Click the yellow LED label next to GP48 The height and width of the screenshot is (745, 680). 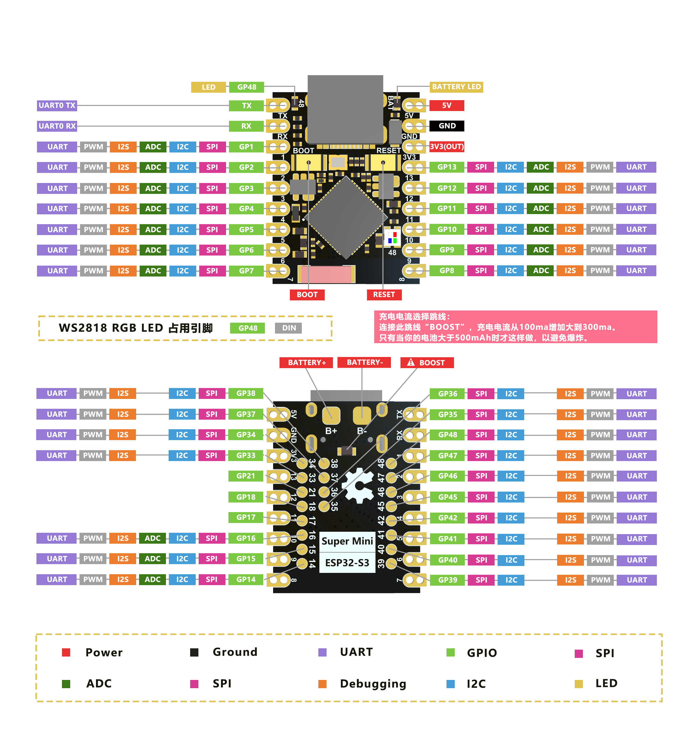pos(208,87)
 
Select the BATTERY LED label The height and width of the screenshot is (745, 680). pos(456,87)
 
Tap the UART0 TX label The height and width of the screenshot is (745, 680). pos(57,105)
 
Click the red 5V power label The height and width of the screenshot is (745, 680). pos(446,105)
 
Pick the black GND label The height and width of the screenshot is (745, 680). pos(447,126)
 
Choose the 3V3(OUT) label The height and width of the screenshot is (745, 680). pos(446,146)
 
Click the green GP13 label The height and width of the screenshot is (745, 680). pos(446,167)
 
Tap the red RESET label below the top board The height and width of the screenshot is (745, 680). pos(384,295)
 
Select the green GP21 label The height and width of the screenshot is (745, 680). pos(246,476)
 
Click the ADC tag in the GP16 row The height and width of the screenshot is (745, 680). pos(152,538)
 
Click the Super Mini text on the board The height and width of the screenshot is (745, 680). pos(347,541)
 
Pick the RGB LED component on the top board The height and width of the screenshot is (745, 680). pos(392,237)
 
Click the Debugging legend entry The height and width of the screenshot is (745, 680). pos(373,684)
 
